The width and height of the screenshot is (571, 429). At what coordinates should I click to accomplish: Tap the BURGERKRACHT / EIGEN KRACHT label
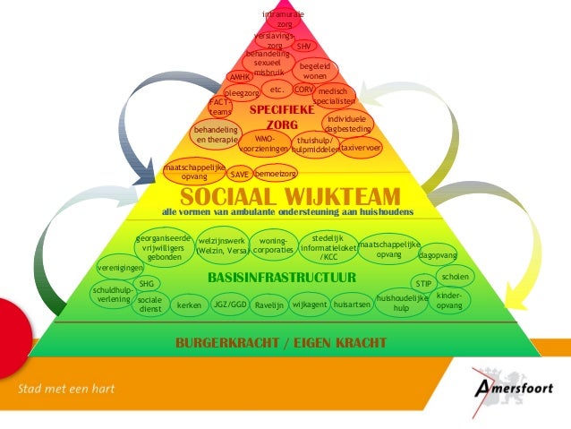tap(280, 343)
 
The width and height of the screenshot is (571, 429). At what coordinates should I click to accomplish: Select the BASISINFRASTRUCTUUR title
tap(282, 278)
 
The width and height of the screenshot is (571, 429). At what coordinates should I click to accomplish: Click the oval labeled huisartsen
tap(352, 305)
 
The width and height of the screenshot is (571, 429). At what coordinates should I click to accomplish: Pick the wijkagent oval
tap(311, 305)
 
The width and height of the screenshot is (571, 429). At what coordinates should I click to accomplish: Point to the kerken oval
tap(189, 305)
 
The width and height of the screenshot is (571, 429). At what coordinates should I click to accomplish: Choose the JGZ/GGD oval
tap(230, 305)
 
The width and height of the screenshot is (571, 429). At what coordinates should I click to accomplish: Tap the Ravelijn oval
tap(269, 305)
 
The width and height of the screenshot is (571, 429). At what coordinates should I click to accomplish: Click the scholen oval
tap(456, 278)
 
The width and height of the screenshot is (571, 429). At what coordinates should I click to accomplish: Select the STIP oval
tap(423, 284)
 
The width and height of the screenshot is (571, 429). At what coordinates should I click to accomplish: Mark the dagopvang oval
tap(439, 254)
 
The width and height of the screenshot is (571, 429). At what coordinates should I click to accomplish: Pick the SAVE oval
tap(239, 175)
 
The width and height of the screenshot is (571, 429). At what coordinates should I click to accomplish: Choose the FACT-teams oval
tap(220, 107)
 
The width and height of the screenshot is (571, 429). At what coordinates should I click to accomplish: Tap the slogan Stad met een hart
tap(67, 390)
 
